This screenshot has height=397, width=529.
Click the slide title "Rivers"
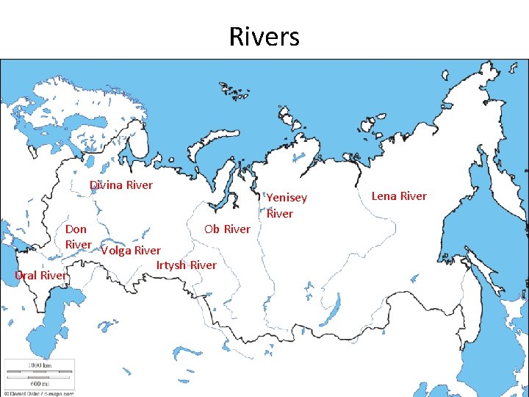pyautogui.click(x=264, y=36)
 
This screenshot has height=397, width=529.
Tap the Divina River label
pyautogui.click(x=121, y=185)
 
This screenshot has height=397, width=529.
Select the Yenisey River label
pyautogui.click(x=286, y=205)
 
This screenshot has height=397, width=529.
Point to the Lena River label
pyautogui.click(x=398, y=196)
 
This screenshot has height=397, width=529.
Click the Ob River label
pyautogui.click(x=227, y=229)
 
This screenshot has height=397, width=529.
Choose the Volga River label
pyautogui.click(x=130, y=250)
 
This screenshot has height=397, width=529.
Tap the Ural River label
pyautogui.click(x=41, y=275)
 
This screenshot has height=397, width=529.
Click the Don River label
pyautogui.click(x=78, y=236)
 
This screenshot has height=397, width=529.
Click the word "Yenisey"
pyautogui.click(x=287, y=198)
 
